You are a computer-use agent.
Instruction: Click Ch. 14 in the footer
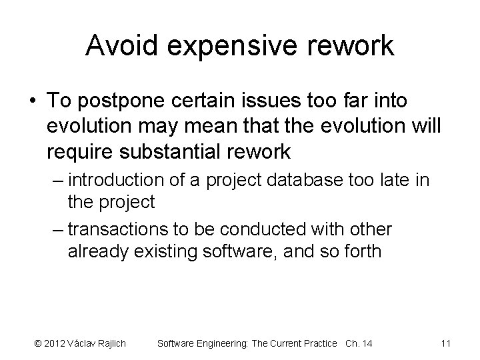359,343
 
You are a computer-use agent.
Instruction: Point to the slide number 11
446,343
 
